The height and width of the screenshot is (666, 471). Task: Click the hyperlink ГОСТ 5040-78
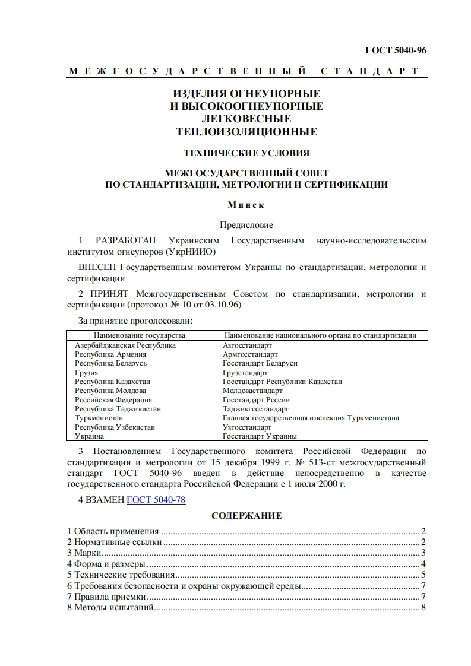[x=156, y=500]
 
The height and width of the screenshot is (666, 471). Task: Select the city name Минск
[x=246, y=205]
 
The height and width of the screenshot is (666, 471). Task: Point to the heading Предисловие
[x=246, y=225]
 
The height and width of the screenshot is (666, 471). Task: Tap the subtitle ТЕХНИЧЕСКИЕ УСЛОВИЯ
[x=246, y=153]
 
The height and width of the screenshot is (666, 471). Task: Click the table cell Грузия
[x=86, y=373]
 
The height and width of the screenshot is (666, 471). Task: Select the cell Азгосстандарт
[x=247, y=345]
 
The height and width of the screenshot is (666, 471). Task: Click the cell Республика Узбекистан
[x=115, y=427]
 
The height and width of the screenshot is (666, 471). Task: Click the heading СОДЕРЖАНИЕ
[x=246, y=516]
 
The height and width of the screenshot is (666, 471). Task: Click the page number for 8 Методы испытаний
[x=423, y=607]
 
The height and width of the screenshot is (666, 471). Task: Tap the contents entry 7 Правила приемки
[x=99, y=597]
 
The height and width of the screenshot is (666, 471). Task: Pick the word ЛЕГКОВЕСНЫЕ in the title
[x=246, y=119]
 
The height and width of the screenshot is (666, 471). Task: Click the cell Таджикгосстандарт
[x=255, y=409]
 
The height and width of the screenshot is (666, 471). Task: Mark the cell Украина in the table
[x=89, y=436]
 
